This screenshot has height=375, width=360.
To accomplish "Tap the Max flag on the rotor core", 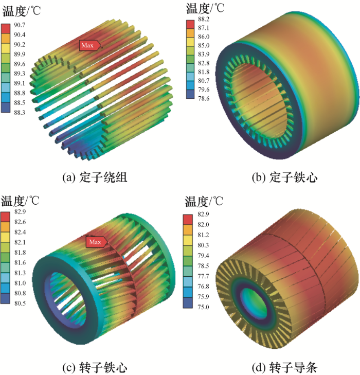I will (95, 242).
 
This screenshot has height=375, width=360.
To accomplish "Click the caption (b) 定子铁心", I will (284, 178).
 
